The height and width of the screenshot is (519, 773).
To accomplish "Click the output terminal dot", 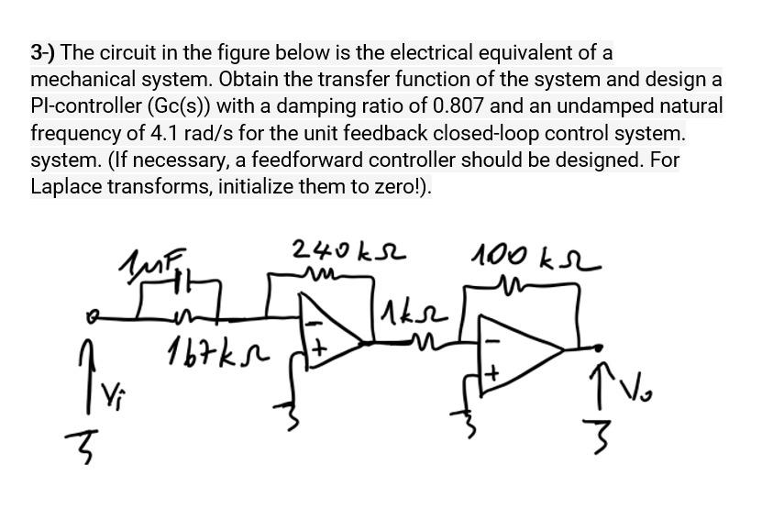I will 599,348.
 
